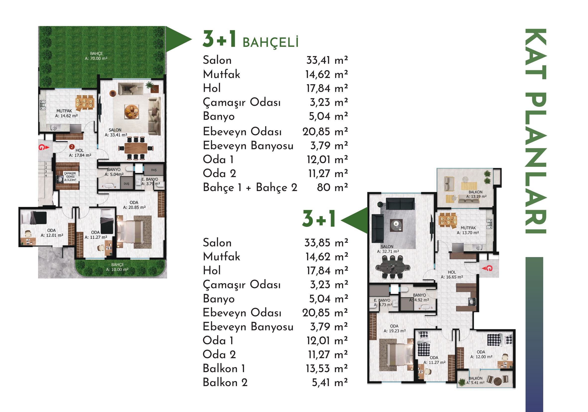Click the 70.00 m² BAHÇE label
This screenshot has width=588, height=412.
click(96, 56)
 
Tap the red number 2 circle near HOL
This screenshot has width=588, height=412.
click(72, 147)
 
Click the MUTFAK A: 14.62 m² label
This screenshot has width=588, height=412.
click(66, 113)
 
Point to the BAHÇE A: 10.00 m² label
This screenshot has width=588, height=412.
click(117, 267)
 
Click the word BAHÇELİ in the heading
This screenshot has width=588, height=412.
click(270, 42)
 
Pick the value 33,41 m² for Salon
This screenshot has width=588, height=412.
click(327, 60)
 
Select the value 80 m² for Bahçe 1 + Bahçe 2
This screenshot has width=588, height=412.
click(332, 187)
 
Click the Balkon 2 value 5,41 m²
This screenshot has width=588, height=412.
click(330, 383)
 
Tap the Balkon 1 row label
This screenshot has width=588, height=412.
click(224, 368)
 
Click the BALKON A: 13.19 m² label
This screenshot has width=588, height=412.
click(476, 194)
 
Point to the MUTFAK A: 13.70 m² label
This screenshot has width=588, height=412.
click(468, 230)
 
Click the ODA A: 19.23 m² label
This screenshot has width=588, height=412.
click(394, 328)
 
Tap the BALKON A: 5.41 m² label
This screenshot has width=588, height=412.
click(475, 380)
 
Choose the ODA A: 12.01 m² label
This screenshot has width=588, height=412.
click(52, 233)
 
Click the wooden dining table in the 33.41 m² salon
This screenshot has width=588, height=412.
click(136, 148)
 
